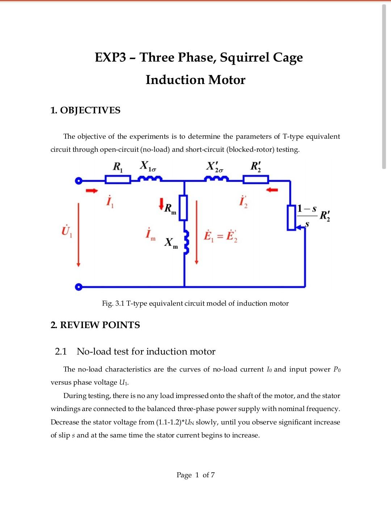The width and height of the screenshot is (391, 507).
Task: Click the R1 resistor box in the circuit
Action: [x=118, y=180]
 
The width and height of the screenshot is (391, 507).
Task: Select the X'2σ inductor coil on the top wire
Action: [x=216, y=179]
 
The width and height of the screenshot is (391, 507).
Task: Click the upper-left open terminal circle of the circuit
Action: [x=77, y=181]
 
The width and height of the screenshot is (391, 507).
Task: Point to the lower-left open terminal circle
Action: [x=77, y=287]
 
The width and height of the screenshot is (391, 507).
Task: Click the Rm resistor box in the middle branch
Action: [x=184, y=208]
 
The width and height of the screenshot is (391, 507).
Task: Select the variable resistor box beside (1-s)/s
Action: [x=291, y=217]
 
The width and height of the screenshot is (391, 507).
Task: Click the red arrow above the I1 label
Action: [x=92, y=190]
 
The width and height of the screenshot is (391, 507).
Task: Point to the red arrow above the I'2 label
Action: [x=272, y=190]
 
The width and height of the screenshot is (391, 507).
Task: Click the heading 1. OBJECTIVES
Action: [x=85, y=110]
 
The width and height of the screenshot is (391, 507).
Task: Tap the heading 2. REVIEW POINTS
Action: [x=95, y=325]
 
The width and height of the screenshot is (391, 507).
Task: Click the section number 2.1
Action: [x=61, y=351]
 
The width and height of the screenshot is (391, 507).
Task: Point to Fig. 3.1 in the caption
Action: [x=113, y=303]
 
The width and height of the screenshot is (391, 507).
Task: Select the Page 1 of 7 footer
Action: [x=195, y=475]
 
